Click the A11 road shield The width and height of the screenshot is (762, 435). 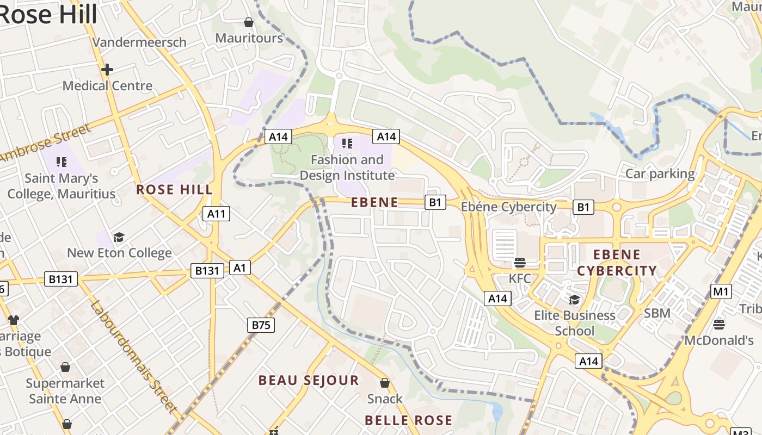[216, 214]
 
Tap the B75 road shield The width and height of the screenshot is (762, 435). [261, 325]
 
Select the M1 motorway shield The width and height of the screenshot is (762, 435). [721, 291]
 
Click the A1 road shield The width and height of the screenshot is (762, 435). [240, 267]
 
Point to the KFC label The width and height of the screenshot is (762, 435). [519, 278]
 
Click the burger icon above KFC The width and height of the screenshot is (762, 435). [519, 263]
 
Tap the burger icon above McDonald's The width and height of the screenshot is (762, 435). [719, 325]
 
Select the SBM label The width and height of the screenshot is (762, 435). [657, 313]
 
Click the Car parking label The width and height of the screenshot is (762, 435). [660, 174]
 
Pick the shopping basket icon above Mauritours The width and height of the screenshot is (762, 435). [249, 22]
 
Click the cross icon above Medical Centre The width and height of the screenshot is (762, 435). [107, 70]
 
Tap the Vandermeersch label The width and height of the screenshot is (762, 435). [139, 42]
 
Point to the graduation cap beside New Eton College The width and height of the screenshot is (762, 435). [119, 237]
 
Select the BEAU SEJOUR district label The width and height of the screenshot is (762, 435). [309, 380]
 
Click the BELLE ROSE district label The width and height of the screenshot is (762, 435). [408, 420]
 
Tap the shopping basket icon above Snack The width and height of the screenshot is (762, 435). [385, 383]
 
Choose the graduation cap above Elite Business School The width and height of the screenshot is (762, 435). [574, 300]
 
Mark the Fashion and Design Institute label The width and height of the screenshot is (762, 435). [347, 167]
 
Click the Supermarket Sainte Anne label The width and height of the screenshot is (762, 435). [65, 391]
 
